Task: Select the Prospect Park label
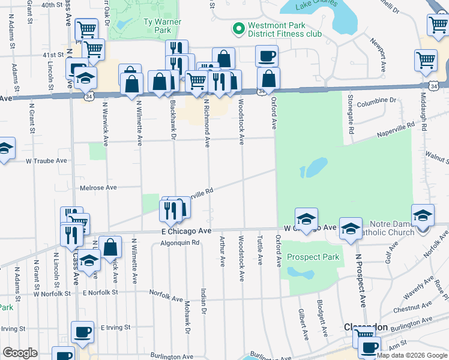tap(313, 257)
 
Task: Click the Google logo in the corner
tap(20, 353)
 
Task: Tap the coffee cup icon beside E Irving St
tap(82, 332)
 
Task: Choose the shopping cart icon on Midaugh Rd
tap(426, 59)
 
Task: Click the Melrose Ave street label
tap(98, 187)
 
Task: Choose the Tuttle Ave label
tap(260, 250)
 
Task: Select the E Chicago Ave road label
tap(186, 231)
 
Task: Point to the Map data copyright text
tap(412, 355)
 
